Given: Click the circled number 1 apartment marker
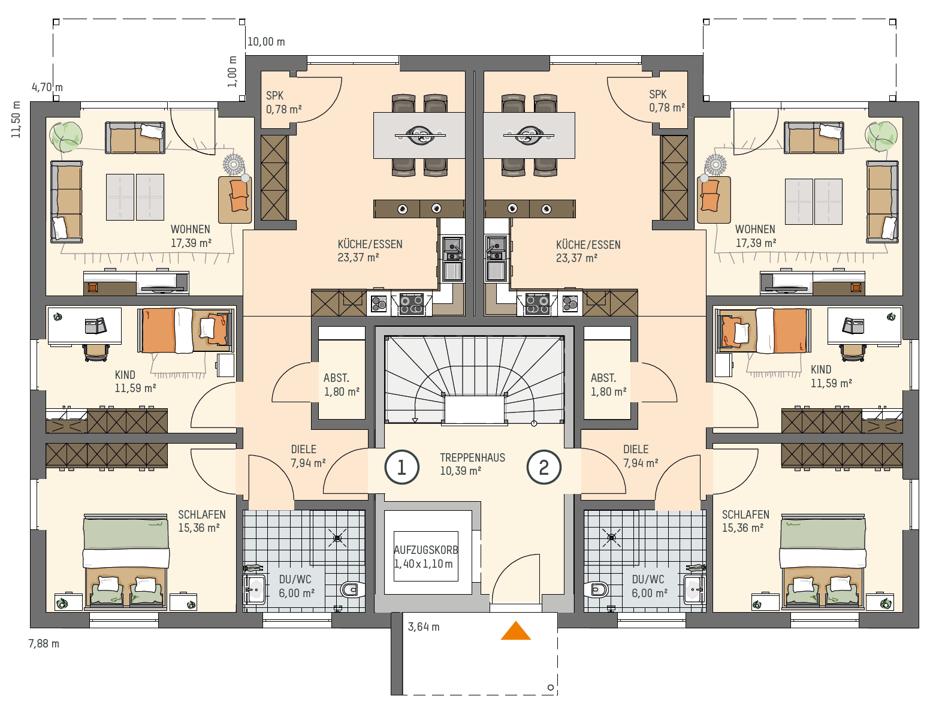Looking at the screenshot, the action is coord(401,467).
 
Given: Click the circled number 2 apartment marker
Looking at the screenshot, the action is coord(544,467).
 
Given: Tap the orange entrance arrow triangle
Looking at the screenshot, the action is coord(516,631).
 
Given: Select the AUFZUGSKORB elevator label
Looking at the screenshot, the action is coord(425,550).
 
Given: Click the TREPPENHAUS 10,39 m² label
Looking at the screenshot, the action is coord(472,464).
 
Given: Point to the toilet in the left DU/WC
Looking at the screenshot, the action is coord(352,589).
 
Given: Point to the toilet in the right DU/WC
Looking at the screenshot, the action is coord(596,589).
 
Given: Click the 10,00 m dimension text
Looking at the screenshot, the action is coord(266,41).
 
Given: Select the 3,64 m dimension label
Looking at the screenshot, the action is coord(424,627).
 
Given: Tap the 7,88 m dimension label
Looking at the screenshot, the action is coord(44,644).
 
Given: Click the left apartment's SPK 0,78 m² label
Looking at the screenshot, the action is coord(283,102).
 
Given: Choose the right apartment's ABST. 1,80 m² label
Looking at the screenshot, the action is coord(608,385).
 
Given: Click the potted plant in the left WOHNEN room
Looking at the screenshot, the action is coord(66,137).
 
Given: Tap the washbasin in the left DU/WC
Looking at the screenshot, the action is coord(255,589).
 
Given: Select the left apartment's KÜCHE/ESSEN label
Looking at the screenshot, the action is coord(370,251).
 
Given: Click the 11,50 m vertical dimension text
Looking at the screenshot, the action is coord(16,119).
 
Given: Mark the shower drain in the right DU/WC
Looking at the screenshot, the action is coord(611,537).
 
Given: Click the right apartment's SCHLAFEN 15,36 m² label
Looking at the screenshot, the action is coord(745,521).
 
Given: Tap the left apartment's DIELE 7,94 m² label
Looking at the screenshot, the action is coord(308,456).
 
